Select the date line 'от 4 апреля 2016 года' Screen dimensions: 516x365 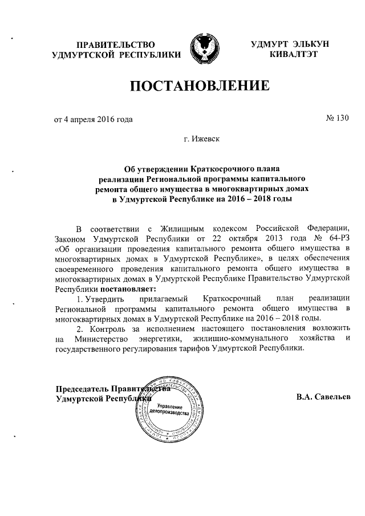[93, 120]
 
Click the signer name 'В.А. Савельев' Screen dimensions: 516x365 [323, 397]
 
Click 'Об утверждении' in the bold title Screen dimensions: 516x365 [153, 169]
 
